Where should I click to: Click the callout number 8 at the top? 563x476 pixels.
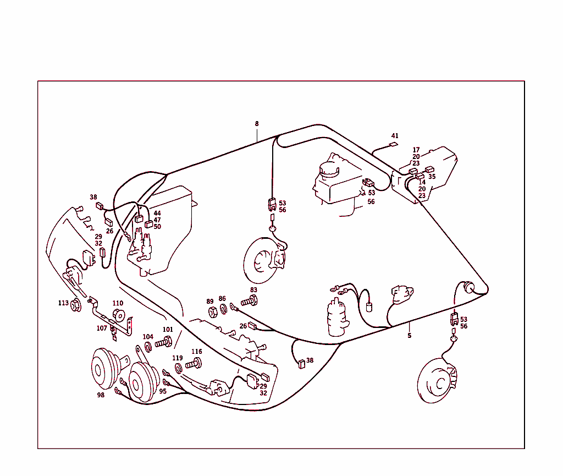click(x=257, y=124)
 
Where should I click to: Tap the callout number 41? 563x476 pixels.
click(x=395, y=136)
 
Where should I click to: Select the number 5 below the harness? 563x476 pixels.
click(x=409, y=336)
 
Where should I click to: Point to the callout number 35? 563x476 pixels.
click(x=432, y=177)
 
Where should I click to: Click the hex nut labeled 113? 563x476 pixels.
click(x=76, y=306)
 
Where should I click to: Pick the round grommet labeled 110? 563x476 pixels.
click(x=119, y=315)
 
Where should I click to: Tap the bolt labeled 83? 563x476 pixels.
click(x=250, y=300)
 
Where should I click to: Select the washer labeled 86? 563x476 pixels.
click(x=224, y=309)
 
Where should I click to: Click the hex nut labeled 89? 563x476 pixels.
click(x=213, y=312)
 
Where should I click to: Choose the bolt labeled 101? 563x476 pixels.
click(x=164, y=342)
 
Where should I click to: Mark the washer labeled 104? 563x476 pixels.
click(x=148, y=347)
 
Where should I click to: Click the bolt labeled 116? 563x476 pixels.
click(x=194, y=364)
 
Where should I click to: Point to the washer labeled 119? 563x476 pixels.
click(x=178, y=369)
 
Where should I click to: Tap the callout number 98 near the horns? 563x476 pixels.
click(x=101, y=395)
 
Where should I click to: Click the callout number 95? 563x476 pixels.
click(x=163, y=391)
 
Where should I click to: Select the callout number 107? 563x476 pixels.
click(x=102, y=328)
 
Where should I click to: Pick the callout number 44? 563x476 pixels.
click(x=157, y=213)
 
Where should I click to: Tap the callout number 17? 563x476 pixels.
click(x=416, y=150)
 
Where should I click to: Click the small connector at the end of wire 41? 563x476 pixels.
click(x=394, y=145)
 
